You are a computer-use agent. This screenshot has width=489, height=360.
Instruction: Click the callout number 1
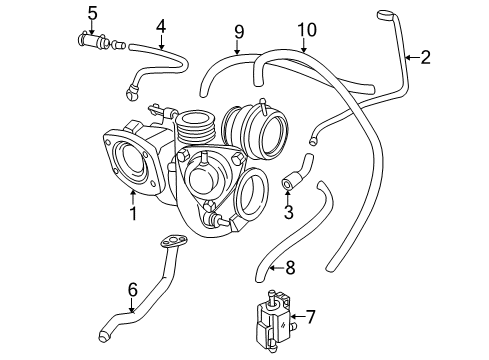click(x=132, y=213)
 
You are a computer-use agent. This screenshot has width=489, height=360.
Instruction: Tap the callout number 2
click(x=425, y=58)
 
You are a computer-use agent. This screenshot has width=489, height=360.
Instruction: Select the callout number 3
click(x=288, y=213)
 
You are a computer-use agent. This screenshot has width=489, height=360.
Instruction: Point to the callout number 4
click(x=160, y=23)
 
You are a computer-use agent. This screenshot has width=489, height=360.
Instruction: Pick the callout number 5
click(x=92, y=13)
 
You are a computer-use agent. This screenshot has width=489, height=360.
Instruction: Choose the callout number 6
click(x=131, y=290)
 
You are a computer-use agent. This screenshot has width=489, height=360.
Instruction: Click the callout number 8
click(x=290, y=268)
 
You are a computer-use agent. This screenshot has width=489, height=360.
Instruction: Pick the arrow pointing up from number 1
click(x=132, y=195)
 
